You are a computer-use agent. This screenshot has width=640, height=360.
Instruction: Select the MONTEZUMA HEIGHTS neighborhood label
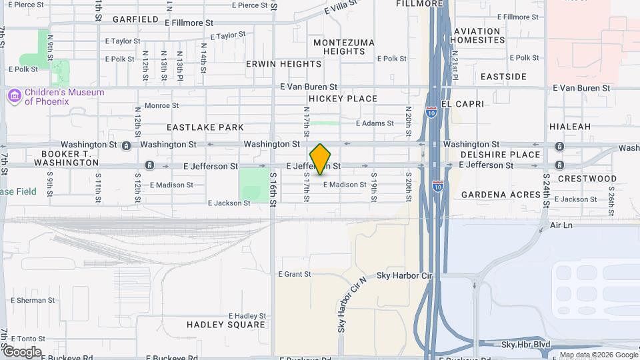(344, 47)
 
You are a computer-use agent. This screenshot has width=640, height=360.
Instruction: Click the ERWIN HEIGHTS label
(283, 64)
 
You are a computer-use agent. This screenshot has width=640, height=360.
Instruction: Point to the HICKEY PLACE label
(343, 99)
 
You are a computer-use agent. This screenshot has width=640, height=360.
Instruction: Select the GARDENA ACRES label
(501, 195)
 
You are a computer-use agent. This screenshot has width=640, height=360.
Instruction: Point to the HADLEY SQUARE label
(226, 325)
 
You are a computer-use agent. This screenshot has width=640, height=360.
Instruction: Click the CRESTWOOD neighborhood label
(587, 179)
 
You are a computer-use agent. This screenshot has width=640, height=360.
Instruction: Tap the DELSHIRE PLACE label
(500, 155)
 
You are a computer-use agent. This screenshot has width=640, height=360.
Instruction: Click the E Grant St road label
(294, 274)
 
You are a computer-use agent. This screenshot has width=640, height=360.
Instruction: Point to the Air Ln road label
(561, 226)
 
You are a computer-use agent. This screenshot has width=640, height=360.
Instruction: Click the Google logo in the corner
(21, 351)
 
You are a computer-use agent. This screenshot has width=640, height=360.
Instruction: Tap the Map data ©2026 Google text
(598, 355)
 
